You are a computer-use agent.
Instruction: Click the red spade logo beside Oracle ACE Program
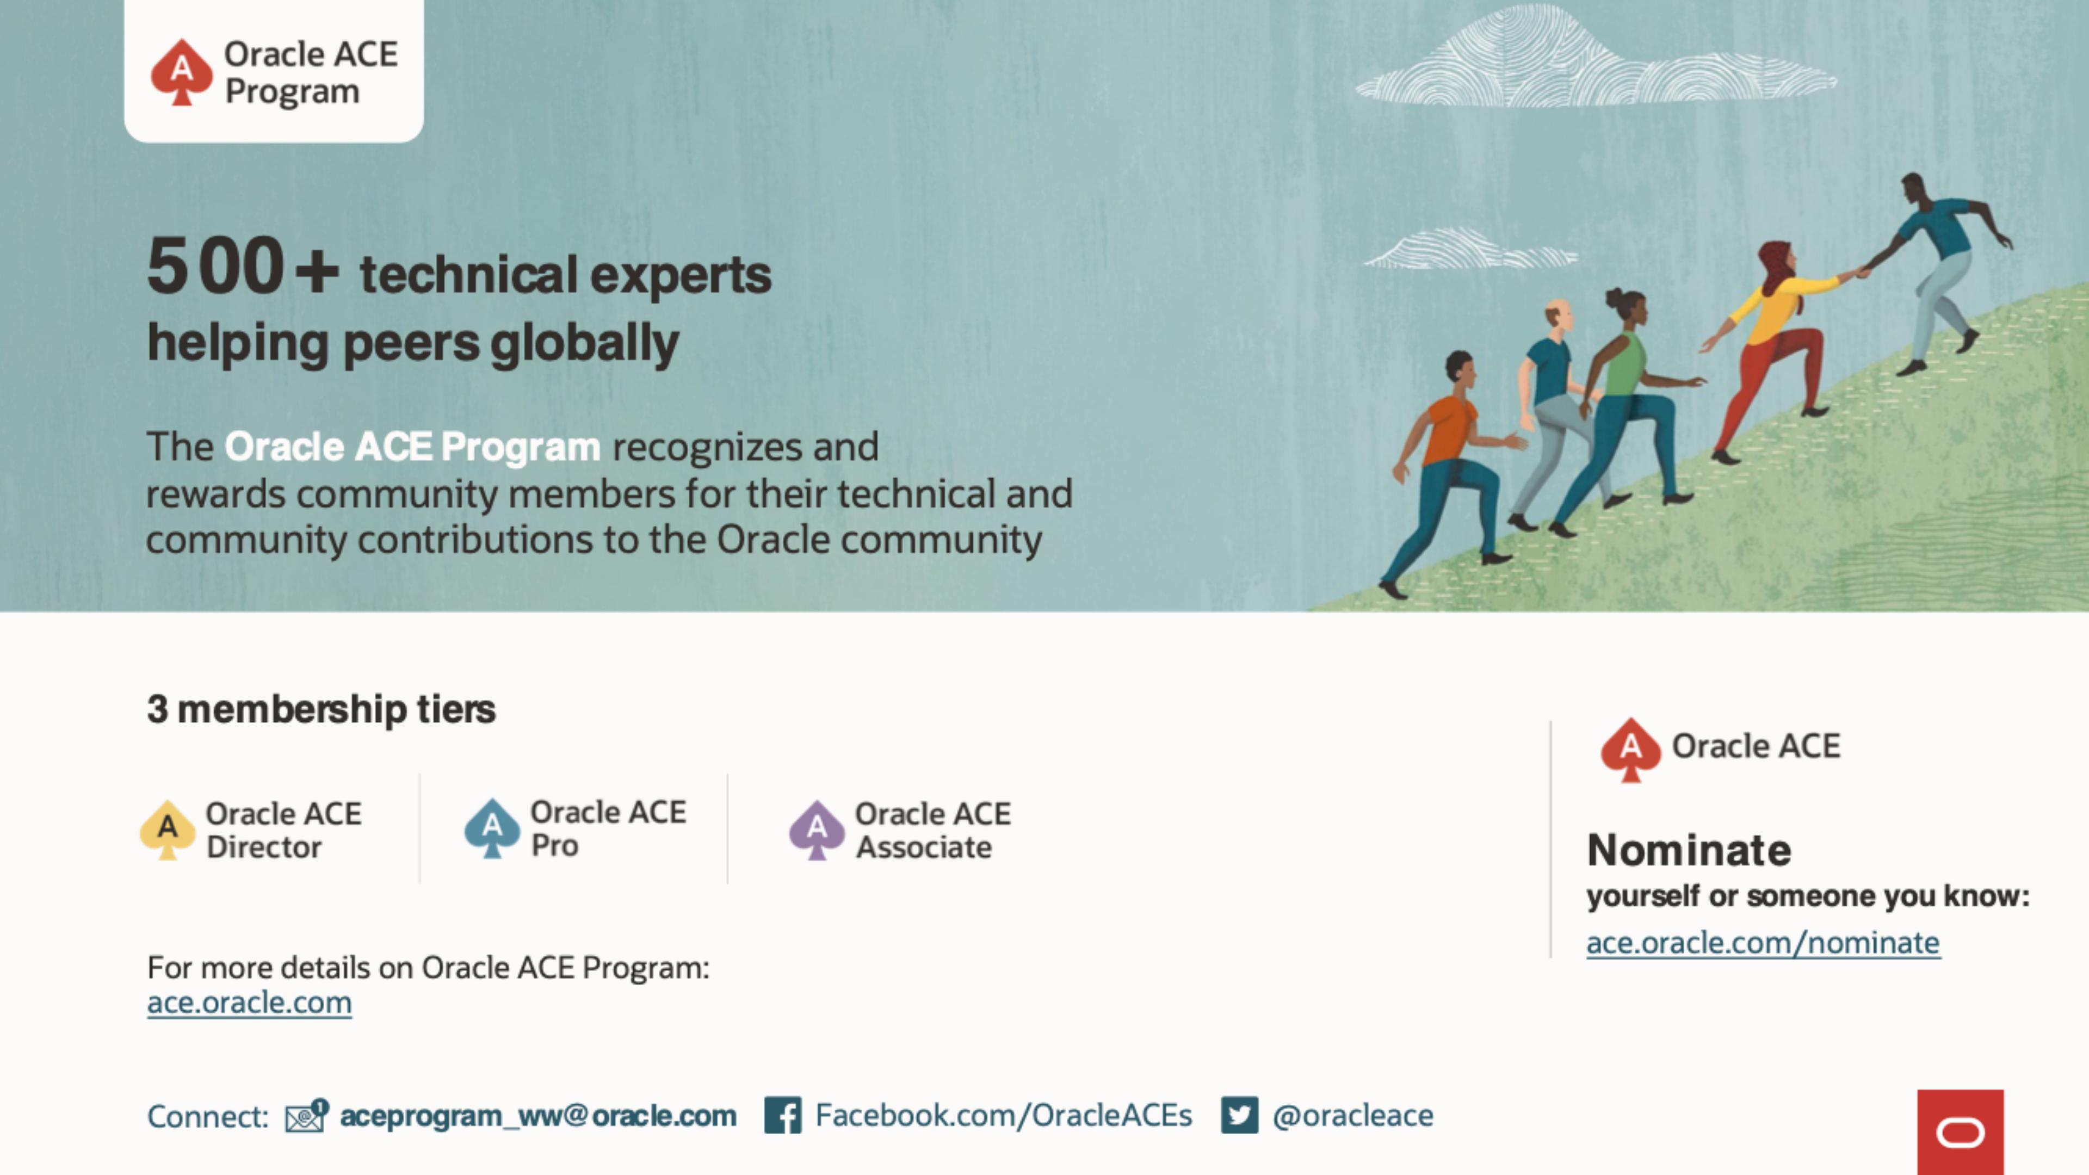click(182, 72)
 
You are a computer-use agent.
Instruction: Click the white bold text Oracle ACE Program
click(412, 447)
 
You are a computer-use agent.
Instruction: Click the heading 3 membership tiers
click(321, 709)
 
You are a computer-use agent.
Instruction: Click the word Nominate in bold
click(1689, 850)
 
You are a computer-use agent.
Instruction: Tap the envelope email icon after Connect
click(306, 1116)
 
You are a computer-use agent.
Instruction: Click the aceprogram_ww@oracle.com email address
click(537, 1116)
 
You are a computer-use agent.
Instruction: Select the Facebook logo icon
click(783, 1115)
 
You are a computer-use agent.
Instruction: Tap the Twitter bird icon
click(1239, 1115)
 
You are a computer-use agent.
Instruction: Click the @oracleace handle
click(1352, 1116)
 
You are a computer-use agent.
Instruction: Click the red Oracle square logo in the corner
click(1960, 1132)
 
